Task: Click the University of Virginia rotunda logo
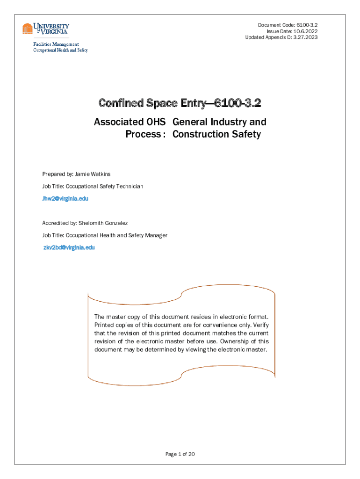pyautogui.click(x=28, y=29)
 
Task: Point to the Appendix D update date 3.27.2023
pyautogui.click(x=303, y=37)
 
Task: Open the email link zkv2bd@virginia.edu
pyautogui.click(x=69, y=247)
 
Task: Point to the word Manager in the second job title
pyautogui.click(x=155, y=235)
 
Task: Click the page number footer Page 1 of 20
pyautogui.click(x=180, y=454)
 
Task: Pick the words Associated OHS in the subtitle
pyautogui.click(x=130, y=122)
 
